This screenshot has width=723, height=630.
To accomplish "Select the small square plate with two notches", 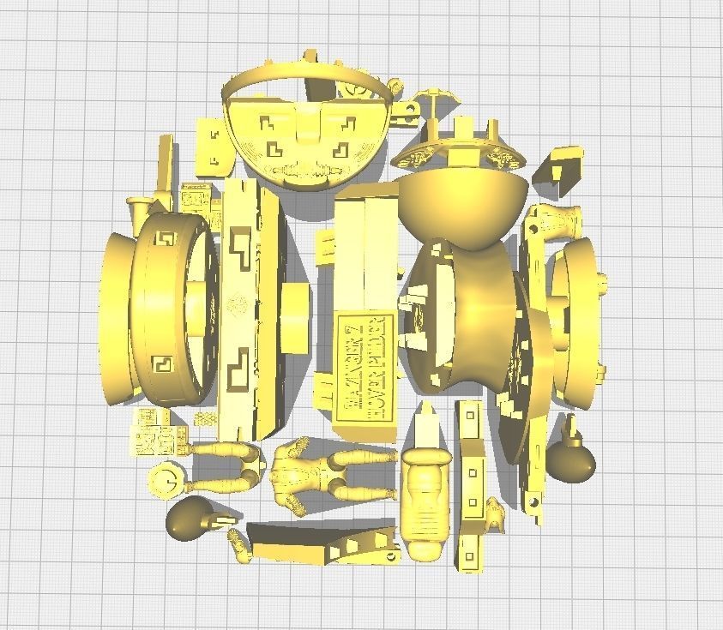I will coord(212,141).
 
